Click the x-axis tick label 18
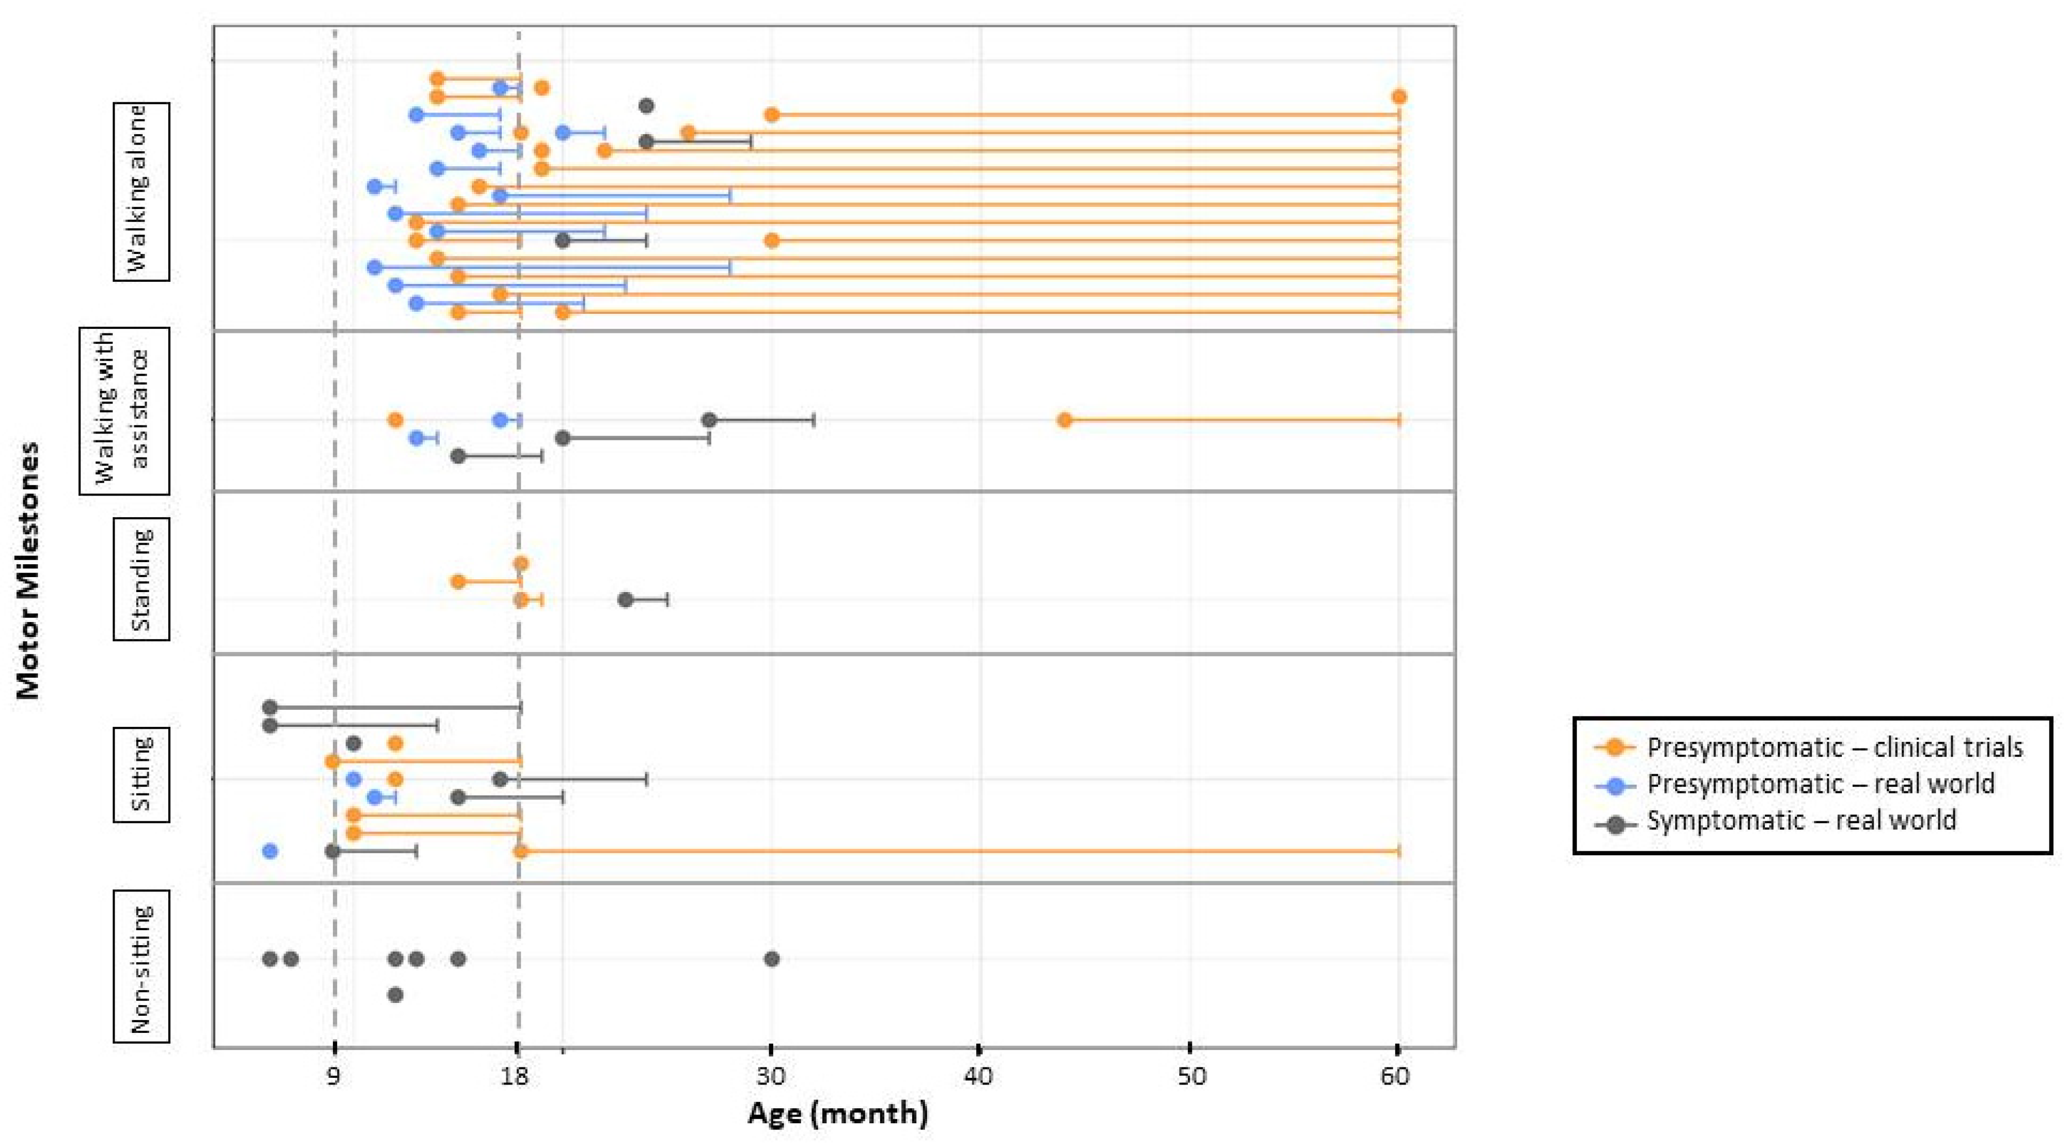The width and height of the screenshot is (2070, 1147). point(515,1076)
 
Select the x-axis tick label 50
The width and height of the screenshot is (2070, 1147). point(1190,1076)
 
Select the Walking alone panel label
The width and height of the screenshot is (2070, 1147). point(141,192)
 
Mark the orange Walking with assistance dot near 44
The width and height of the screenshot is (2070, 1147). point(1064,420)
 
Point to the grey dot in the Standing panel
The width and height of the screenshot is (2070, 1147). point(625,600)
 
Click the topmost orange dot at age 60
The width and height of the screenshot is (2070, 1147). point(1399,97)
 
